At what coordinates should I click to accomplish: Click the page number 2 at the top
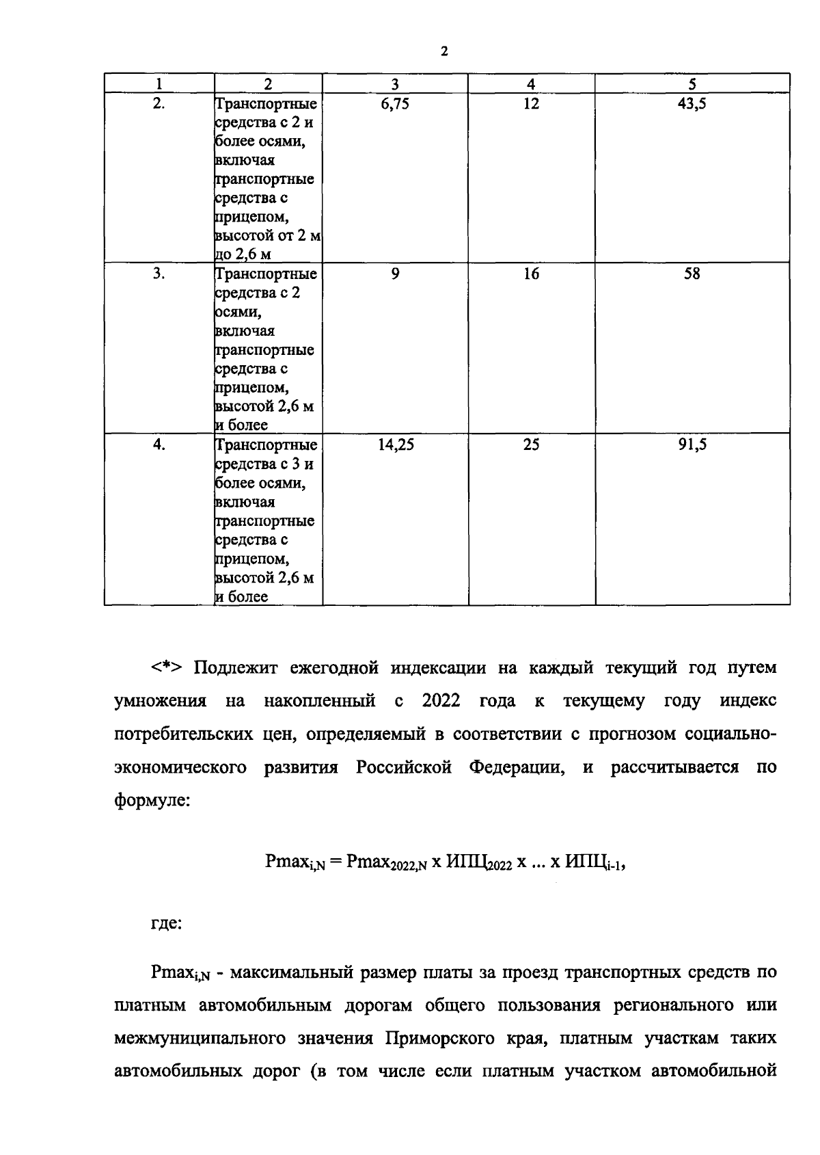pos(444,51)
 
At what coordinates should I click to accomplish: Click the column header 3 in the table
pos(395,84)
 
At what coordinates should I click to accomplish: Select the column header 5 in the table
pos(692,84)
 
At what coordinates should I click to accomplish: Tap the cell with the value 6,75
pos(395,104)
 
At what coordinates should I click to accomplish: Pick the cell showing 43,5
pos(692,104)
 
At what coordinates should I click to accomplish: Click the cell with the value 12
pos(531,104)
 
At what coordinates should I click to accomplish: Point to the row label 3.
pos(159,274)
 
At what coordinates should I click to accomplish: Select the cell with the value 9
pos(395,274)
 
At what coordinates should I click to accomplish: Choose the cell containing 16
pos(531,274)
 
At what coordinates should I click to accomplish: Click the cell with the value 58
pos(692,274)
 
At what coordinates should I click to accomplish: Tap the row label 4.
pos(159,444)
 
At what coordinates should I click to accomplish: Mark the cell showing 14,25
pos(396,444)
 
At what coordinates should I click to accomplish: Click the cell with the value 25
pos(531,444)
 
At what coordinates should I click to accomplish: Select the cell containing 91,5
pos(692,444)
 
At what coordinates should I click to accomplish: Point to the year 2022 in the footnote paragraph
pos(441,701)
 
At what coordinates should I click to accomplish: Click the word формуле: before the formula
pos(151,800)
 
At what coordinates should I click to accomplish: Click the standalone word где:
pos(166,924)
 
